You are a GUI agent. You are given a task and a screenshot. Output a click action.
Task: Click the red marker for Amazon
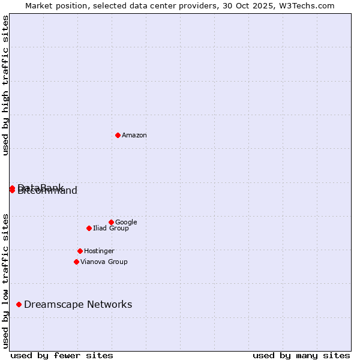118,135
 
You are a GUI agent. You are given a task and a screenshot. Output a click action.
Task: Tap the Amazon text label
134,136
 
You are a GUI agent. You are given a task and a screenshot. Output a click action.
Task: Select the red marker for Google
111,222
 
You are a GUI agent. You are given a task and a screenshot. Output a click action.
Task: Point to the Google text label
126,223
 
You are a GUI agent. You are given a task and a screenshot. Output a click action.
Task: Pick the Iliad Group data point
89,228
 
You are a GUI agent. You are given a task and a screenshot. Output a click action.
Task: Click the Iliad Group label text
111,229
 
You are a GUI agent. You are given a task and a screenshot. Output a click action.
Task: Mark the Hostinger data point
80,251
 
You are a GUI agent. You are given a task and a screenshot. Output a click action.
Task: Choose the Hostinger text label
99,251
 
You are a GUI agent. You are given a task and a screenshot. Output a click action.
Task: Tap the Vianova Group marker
76,262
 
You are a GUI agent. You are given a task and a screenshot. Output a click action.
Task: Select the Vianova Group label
104,262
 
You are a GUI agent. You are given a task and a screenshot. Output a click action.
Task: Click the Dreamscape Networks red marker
19,305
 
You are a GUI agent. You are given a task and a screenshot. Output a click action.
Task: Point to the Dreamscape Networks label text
78,305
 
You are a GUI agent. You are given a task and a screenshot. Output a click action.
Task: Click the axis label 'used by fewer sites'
62,356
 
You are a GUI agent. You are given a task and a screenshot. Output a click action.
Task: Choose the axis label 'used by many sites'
301,356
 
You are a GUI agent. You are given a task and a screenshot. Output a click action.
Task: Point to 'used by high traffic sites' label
6,85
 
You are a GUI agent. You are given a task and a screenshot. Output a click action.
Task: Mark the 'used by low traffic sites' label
6,280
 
